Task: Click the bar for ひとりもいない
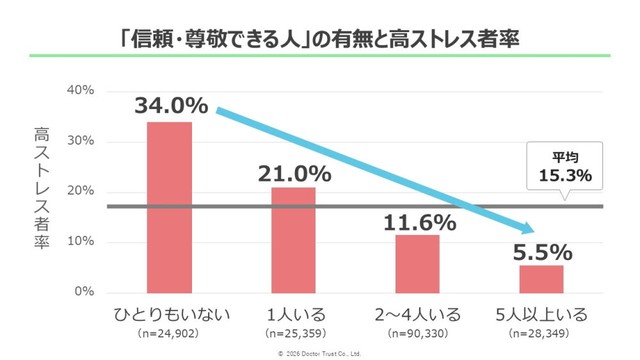coord(169,207)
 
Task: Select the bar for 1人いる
coord(293,240)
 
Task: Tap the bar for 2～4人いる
coord(417,263)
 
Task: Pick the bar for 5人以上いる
coord(541,278)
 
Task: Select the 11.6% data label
coord(417,219)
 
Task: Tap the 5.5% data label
coord(541,250)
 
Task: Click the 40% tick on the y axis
coord(80,91)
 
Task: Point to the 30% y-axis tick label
coord(80,141)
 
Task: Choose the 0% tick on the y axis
coord(84,292)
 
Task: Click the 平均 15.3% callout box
coord(565,166)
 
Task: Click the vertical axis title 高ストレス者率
coord(41,191)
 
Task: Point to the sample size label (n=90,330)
coord(417,332)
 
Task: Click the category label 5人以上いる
coord(541,314)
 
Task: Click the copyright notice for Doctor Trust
coord(319,353)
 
